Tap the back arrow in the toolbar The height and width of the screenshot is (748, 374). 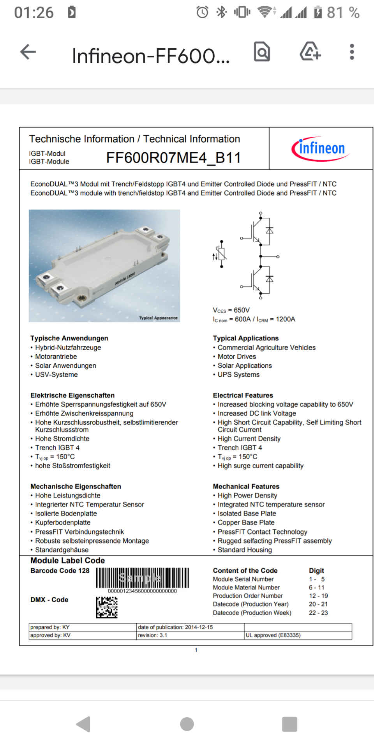[x=28, y=52]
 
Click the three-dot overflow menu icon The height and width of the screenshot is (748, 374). [x=352, y=52]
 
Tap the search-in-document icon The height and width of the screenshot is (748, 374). [x=262, y=51]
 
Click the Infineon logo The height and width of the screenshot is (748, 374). [x=320, y=149]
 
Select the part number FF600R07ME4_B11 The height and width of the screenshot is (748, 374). [x=173, y=158]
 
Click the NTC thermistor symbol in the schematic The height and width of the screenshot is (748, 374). [x=221, y=254]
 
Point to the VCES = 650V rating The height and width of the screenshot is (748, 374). [x=231, y=310]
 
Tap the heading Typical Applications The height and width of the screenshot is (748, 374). [x=245, y=338]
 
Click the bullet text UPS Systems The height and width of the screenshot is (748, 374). [x=238, y=374]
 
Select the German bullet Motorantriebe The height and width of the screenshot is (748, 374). [x=56, y=356]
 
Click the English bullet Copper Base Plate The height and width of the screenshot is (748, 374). [x=246, y=522]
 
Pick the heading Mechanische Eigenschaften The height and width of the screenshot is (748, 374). [x=76, y=486]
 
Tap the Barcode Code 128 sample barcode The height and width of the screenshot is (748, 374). [x=142, y=578]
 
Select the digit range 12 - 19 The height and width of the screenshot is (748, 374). [x=318, y=596]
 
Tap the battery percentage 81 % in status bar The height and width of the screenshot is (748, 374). [x=343, y=12]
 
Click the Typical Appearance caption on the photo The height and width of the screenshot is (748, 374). [x=158, y=318]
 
